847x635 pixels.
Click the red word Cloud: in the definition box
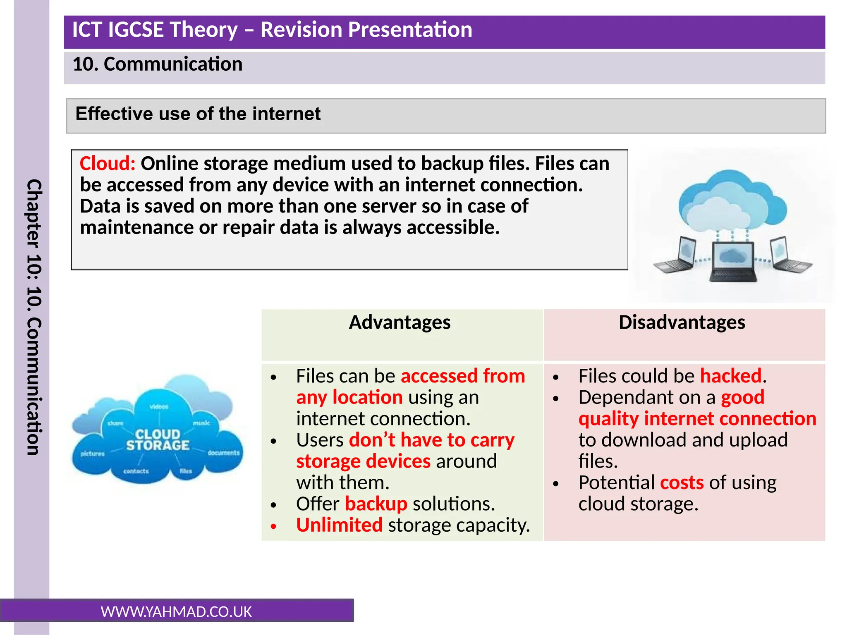pyautogui.click(x=107, y=164)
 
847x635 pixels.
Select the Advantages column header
pyautogui.click(x=400, y=322)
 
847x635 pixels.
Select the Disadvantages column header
pyautogui.click(x=682, y=322)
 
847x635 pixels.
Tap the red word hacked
pyautogui.click(x=730, y=376)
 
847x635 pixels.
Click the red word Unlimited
pyautogui.click(x=339, y=525)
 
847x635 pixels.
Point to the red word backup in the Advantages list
pyautogui.click(x=376, y=504)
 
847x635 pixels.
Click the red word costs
pyautogui.click(x=682, y=483)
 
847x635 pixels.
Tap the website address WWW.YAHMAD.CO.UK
pyautogui.click(x=176, y=612)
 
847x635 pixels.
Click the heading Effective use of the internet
pyautogui.click(x=198, y=114)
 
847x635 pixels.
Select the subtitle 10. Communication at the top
pyautogui.click(x=157, y=64)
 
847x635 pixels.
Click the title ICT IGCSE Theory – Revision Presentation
pyautogui.click(x=272, y=30)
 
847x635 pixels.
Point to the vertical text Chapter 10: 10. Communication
pyautogui.click(x=33, y=317)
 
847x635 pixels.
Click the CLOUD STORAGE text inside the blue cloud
pyautogui.click(x=158, y=440)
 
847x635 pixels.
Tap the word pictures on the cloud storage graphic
pyautogui.click(x=92, y=454)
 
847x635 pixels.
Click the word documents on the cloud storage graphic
pyautogui.click(x=223, y=453)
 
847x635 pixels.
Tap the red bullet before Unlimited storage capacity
pyautogui.click(x=273, y=526)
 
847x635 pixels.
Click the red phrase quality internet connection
pyautogui.click(x=697, y=419)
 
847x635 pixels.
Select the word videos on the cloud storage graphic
pyautogui.click(x=159, y=407)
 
